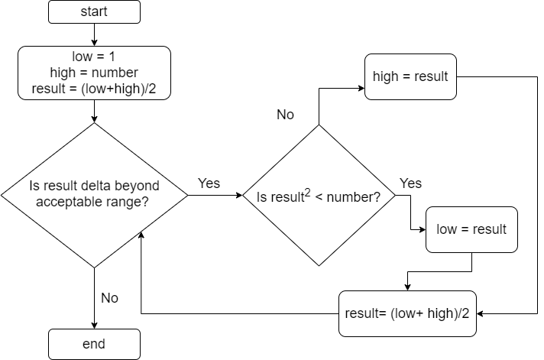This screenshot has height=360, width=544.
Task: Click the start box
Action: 94,11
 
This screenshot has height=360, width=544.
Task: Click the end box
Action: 94,344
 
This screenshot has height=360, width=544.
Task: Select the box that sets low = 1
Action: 94,73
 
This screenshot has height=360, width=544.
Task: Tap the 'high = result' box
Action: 410,76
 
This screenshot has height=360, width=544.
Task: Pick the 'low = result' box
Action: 471,229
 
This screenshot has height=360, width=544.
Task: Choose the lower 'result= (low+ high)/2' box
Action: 408,313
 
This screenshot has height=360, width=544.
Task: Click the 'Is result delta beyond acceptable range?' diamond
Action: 94,195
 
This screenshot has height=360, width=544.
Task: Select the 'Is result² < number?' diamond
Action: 319,196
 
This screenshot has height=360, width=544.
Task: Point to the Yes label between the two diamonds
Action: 209,183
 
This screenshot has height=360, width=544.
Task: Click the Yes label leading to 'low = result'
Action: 410,183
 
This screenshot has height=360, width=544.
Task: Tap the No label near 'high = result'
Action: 285,115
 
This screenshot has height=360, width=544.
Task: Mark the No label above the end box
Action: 110,298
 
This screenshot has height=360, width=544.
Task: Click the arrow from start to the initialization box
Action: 94,34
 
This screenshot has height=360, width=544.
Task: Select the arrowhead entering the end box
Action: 94,324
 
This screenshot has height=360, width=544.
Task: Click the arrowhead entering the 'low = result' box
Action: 421,229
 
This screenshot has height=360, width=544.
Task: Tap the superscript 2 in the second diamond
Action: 307,191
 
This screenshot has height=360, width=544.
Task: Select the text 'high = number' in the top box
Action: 94,73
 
